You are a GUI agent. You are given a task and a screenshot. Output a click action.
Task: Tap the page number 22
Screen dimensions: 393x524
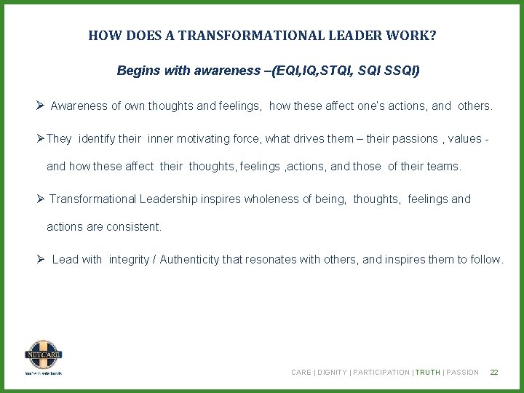click(x=494, y=373)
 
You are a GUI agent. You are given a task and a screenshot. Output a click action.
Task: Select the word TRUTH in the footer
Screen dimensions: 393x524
click(x=428, y=373)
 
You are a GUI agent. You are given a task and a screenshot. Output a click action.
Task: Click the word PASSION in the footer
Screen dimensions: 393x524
click(x=463, y=373)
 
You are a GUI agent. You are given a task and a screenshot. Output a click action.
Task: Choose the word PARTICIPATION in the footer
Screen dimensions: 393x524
click(x=381, y=373)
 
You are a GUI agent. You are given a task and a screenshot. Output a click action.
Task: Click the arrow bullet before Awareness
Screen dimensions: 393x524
click(x=41, y=106)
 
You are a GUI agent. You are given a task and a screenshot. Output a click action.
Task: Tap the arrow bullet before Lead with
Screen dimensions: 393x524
click(x=41, y=259)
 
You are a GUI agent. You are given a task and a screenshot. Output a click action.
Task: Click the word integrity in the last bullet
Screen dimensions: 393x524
click(x=129, y=259)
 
